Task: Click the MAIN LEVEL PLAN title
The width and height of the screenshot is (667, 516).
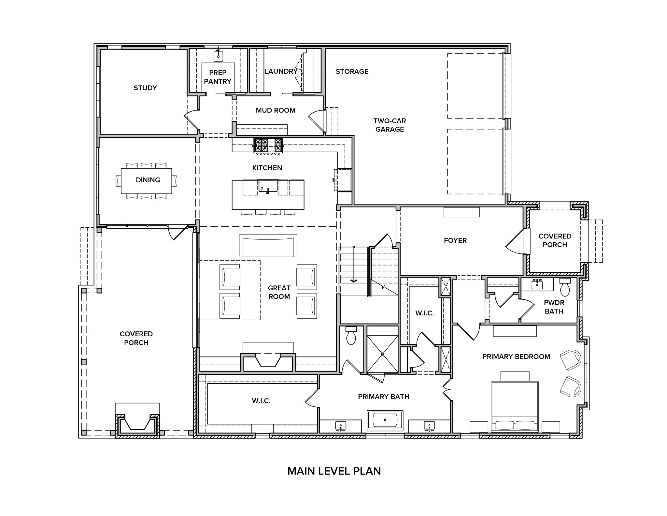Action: pyautogui.click(x=334, y=471)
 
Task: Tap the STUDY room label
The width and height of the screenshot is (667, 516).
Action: pyautogui.click(x=145, y=88)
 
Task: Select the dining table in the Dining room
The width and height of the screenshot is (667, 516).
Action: pyautogui.click(x=147, y=180)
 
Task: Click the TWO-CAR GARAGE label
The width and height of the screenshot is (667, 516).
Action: pyautogui.click(x=390, y=125)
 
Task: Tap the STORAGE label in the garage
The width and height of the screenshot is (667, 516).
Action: pyautogui.click(x=352, y=71)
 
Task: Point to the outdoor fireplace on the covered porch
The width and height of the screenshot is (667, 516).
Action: pyautogui.click(x=137, y=424)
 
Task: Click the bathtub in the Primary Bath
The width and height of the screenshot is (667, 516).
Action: pyautogui.click(x=385, y=420)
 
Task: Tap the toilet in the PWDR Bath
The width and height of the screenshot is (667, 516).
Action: pyautogui.click(x=565, y=287)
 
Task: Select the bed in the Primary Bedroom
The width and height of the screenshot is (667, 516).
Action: pyautogui.click(x=514, y=406)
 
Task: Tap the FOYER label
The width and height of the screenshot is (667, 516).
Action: pyautogui.click(x=455, y=240)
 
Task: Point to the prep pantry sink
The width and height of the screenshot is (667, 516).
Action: pyautogui.click(x=218, y=56)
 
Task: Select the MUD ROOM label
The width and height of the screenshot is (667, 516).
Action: pyautogui.click(x=276, y=110)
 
